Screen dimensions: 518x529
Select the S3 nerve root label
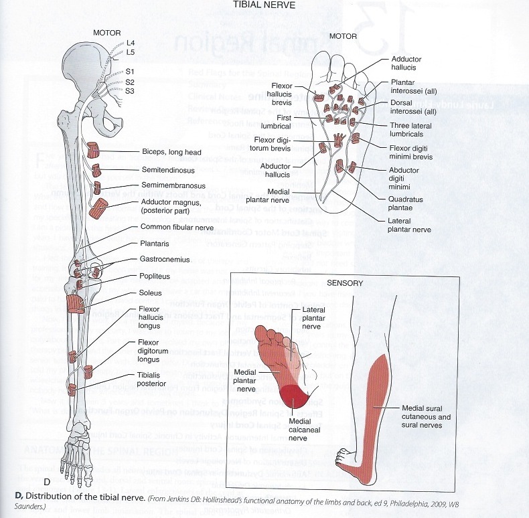pyautogui.click(x=130, y=91)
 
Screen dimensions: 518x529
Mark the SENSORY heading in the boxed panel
pyautogui.click(x=346, y=283)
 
